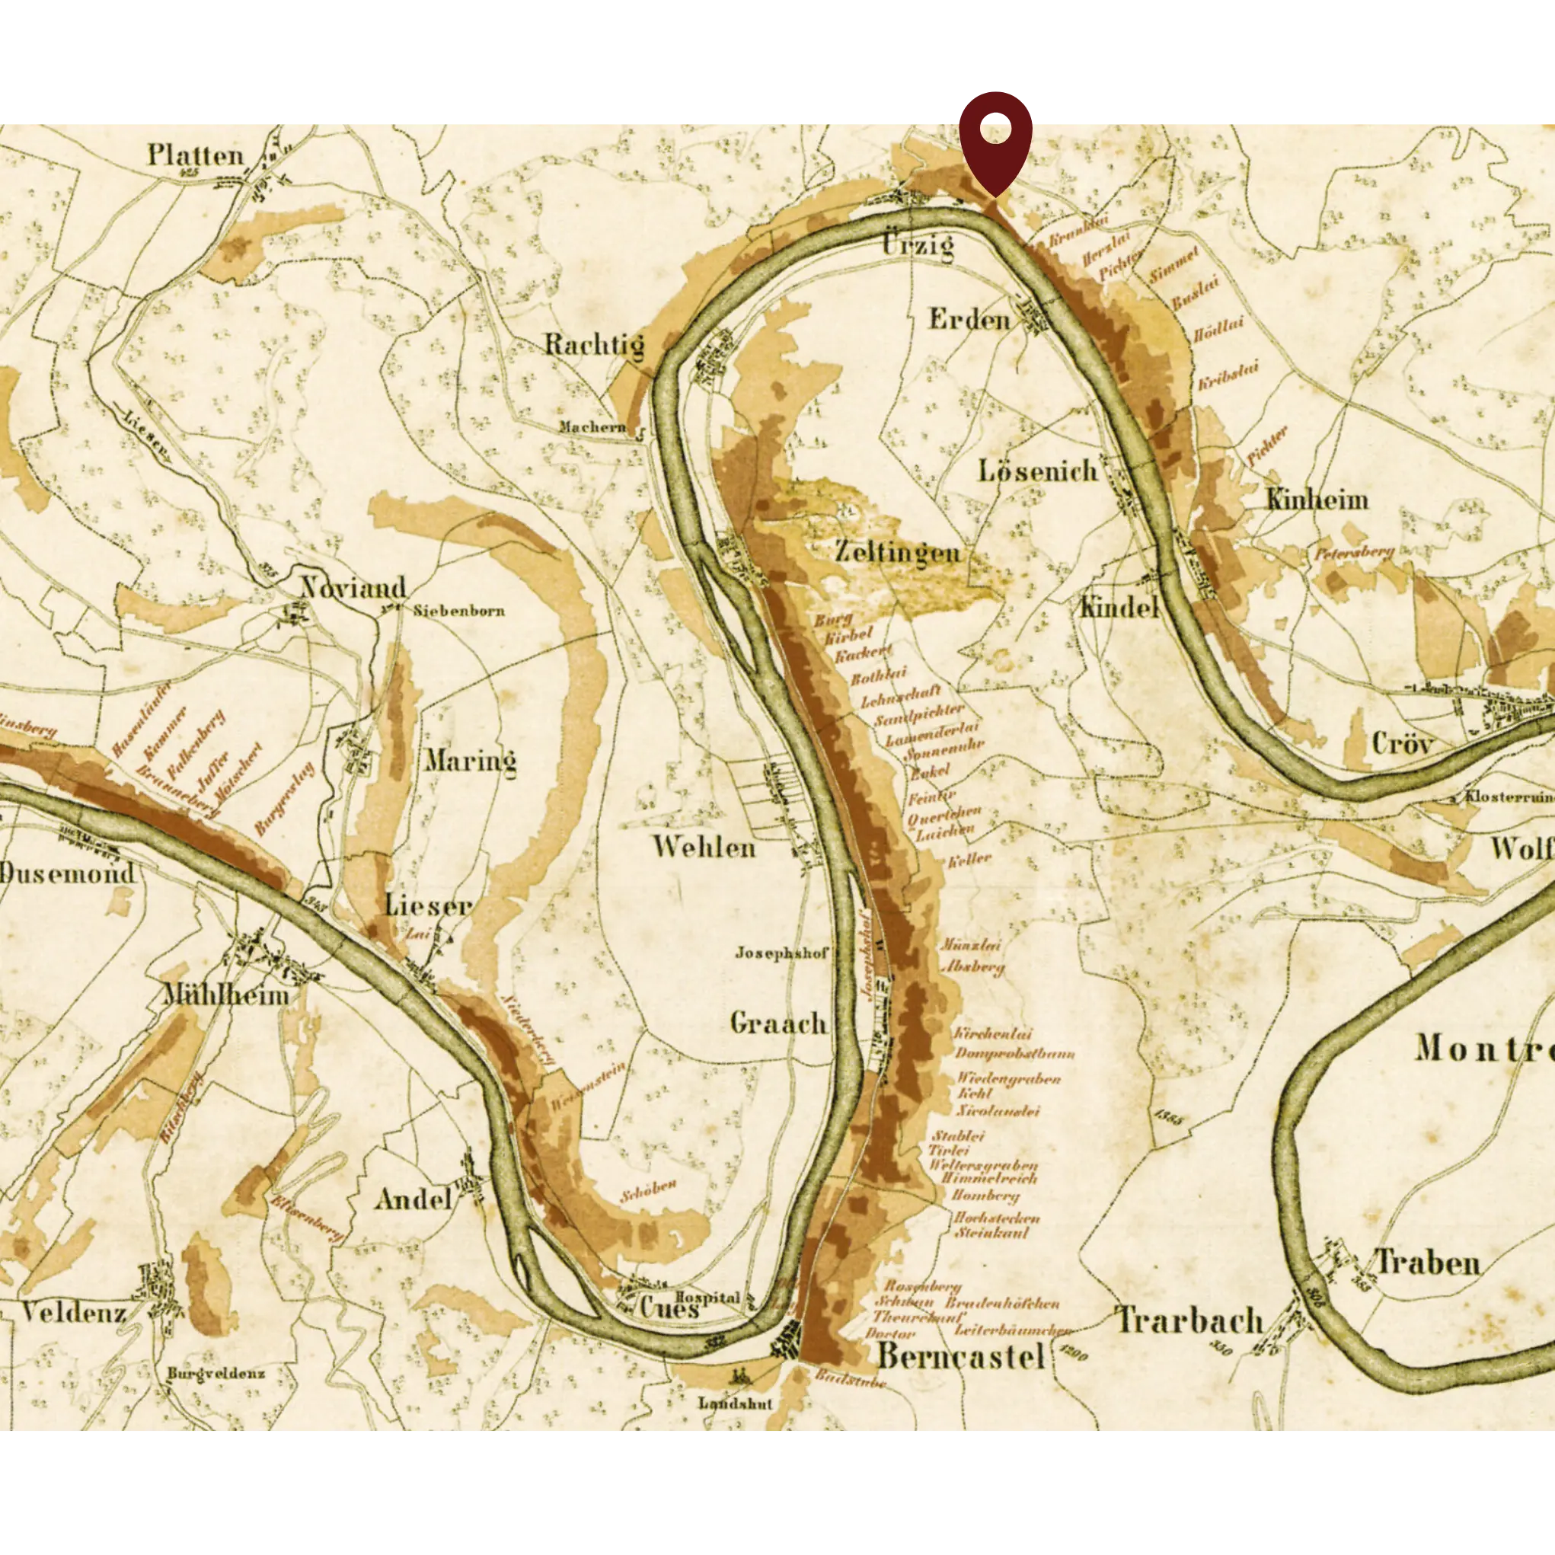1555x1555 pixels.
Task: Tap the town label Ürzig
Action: coord(918,244)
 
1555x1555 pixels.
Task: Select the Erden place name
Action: coord(969,320)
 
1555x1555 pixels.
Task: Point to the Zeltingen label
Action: coord(896,552)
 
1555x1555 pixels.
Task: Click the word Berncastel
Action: coord(960,1356)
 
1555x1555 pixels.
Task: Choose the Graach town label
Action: coord(778,1023)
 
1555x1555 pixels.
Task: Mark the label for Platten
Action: coord(195,155)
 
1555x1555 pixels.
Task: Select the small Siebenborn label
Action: coord(458,610)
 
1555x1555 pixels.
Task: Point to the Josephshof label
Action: coord(781,953)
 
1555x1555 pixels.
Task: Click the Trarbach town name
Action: coord(1189,1320)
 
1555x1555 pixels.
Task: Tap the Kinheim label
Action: coord(1317,500)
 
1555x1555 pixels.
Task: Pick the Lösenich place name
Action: coord(1037,471)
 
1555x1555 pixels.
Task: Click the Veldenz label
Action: coord(73,1314)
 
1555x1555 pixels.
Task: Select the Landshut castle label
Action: coord(735,1403)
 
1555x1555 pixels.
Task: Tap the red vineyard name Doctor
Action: coord(890,1333)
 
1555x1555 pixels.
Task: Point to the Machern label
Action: coord(592,426)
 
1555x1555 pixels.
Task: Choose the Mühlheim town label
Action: coord(225,995)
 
